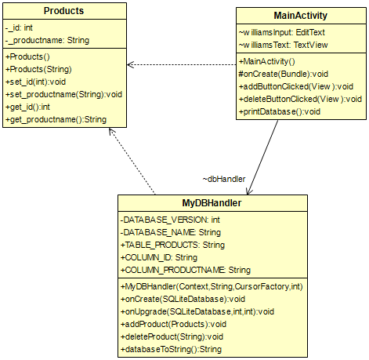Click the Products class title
tap(64, 12)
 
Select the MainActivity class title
tap(301, 16)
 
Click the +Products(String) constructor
tap(38, 69)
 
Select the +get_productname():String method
tap(56, 119)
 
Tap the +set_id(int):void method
tap(38, 82)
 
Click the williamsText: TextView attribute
tap(281, 45)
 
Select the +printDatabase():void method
tap(280, 111)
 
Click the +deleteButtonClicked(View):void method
tap(300, 99)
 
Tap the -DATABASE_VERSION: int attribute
tap(170, 220)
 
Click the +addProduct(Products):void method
tap(173, 324)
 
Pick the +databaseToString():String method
tap(171, 349)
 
